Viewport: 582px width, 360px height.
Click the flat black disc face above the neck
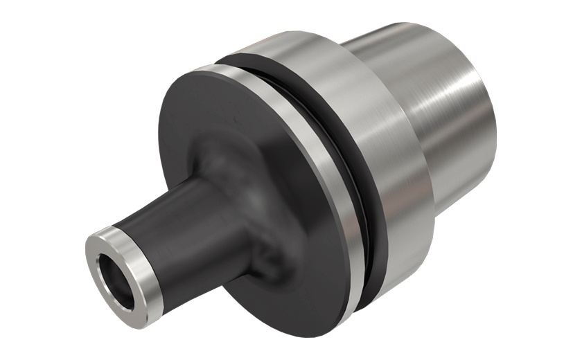229,111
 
